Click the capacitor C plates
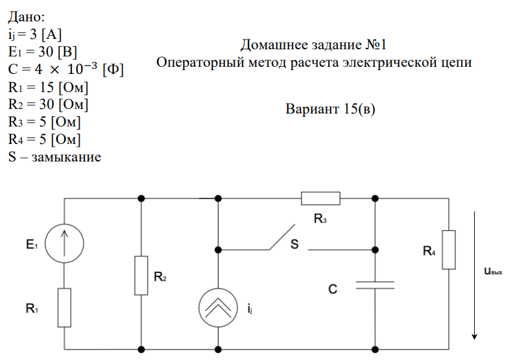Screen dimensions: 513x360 [x=375, y=285]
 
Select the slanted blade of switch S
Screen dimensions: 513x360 [x=282, y=237]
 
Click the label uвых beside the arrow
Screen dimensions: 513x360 [x=493, y=271]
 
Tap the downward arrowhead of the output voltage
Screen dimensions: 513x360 [x=474, y=337]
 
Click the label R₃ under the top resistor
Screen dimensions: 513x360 [x=320, y=219]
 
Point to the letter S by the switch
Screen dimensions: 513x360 [x=294, y=244]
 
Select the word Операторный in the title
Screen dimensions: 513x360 [x=200, y=62]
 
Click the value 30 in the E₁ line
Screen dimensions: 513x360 [x=46, y=52]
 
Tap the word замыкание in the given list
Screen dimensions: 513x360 [x=66, y=158]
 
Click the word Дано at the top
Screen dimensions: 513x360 [x=24, y=17]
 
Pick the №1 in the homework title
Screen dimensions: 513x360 [x=376, y=45]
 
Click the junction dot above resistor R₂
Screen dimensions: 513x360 [x=141, y=198]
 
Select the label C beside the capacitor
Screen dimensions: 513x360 [x=333, y=289]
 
